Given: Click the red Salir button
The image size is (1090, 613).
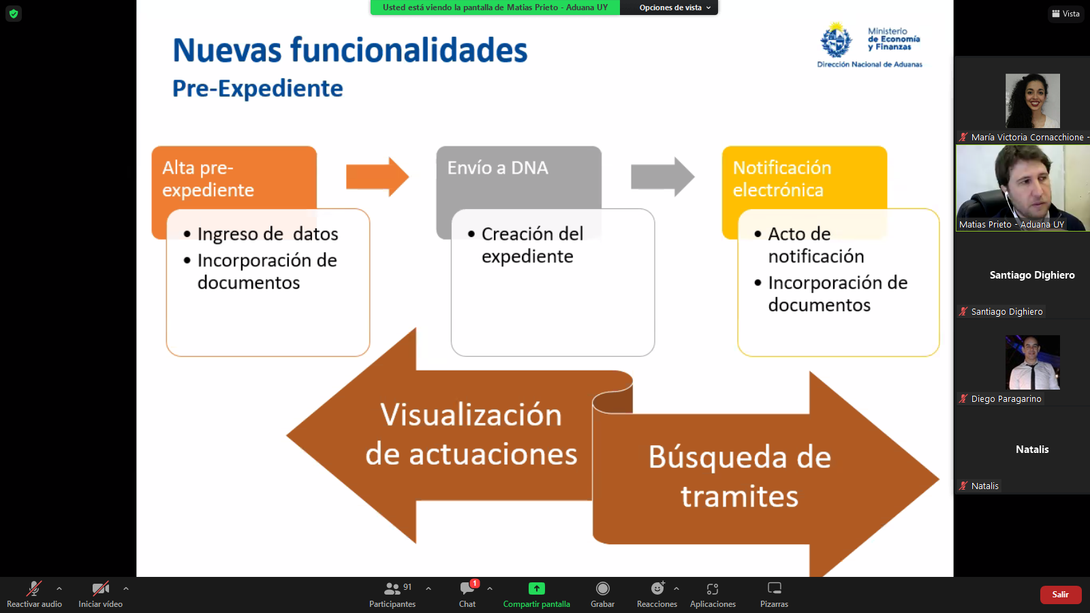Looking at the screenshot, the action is click(1060, 595).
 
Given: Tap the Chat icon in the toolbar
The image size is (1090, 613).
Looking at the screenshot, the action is click(467, 588).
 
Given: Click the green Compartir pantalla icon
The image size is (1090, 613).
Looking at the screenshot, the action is click(536, 588).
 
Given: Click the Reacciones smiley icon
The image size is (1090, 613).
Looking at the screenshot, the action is click(657, 588).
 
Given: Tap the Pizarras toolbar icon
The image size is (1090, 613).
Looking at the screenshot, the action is click(774, 588).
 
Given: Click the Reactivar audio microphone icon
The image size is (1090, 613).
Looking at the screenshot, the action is click(34, 588).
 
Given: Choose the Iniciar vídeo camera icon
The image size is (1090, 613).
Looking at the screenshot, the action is click(101, 588).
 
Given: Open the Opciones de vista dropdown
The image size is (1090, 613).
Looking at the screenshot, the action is click(674, 7).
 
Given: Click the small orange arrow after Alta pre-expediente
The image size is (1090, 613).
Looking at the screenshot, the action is click(377, 176).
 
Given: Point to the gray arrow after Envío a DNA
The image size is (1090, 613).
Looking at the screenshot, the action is click(663, 176).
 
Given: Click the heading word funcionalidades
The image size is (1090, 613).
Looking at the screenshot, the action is click(409, 50).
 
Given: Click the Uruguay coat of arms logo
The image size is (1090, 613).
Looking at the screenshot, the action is click(837, 40).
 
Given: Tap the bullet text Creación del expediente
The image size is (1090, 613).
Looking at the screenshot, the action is click(532, 245).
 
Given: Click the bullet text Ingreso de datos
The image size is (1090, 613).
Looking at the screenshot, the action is click(267, 234).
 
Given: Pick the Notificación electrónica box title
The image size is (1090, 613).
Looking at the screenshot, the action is click(782, 178).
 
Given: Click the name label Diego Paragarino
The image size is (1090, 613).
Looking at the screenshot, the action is click(1006, 399).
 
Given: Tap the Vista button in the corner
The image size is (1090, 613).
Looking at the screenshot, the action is click(1065, 14).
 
